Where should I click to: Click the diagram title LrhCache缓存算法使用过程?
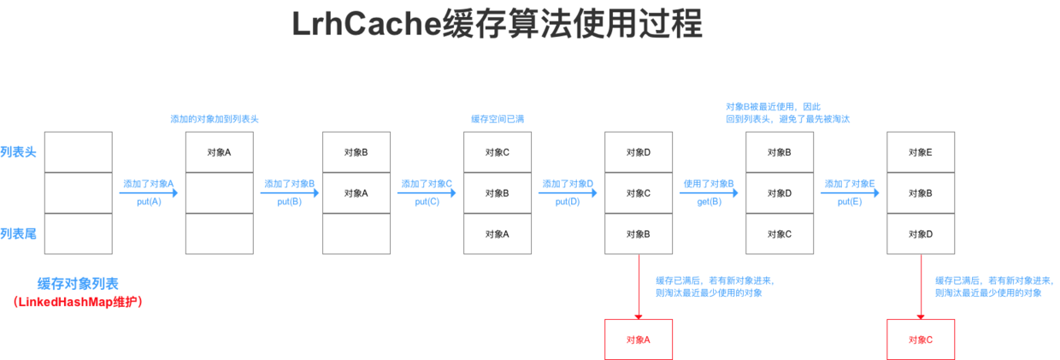pos(497,24)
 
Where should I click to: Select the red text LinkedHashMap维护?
pos(78,302)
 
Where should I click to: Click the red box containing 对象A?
pos(639,339)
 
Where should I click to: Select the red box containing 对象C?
pos(921,339)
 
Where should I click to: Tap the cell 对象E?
pos(921,152)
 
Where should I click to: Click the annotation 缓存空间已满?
pos(498,119)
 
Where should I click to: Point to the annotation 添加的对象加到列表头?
pos(215,119)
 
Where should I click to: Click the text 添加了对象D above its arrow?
pos(568,183)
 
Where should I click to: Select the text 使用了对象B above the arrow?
pos(709,183)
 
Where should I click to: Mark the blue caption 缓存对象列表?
pos(78,284)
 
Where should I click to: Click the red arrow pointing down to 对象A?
pos(639,286)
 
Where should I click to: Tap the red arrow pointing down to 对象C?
pos(921,286)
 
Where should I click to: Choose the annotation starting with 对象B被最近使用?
pos(786,113)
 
